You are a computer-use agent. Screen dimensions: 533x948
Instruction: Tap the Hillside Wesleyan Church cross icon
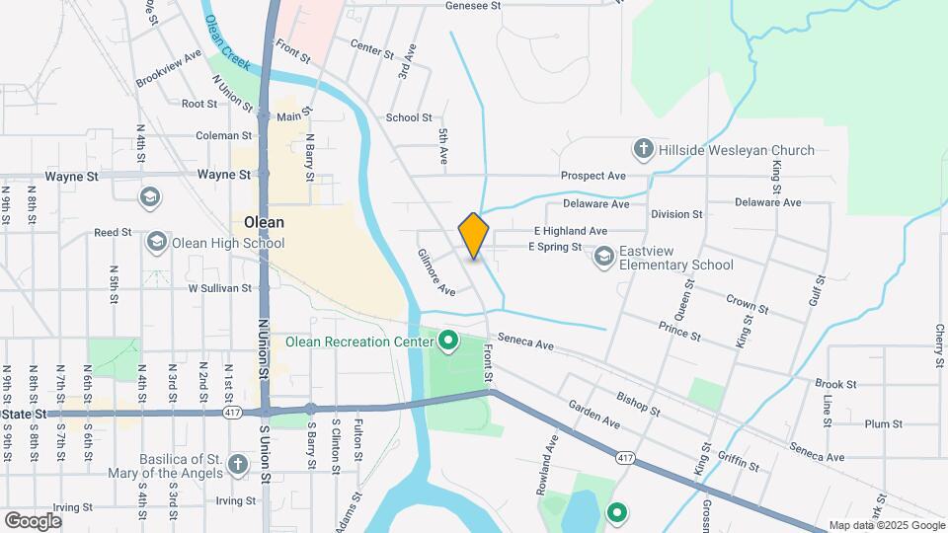643,150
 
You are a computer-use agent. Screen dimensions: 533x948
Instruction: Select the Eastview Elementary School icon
604,258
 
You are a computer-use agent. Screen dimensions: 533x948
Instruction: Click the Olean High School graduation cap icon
156,242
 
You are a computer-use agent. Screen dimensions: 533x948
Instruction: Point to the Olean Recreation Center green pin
448,343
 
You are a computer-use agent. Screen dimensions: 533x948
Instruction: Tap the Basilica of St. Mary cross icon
237,464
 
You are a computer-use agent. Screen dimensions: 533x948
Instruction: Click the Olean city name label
264,222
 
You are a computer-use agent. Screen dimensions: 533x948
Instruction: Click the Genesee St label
474,5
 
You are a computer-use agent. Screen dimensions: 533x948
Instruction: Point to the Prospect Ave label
593,176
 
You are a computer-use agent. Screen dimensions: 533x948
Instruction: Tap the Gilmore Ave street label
434,272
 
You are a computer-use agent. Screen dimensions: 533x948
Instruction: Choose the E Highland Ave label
571,231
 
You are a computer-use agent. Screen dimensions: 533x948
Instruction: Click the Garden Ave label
593,414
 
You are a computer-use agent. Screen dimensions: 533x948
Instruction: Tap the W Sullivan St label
219,288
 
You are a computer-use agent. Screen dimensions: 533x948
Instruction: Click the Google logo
33,520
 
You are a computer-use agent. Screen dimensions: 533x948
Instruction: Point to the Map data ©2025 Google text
887,525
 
